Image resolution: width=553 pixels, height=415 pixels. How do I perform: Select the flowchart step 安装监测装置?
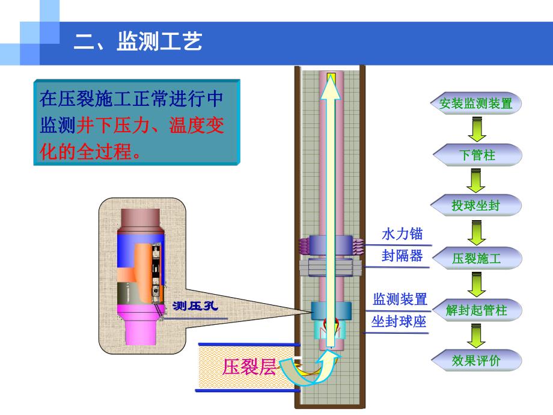(x=476, y=103)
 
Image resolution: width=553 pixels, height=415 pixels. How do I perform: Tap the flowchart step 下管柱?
(x=477, y=155)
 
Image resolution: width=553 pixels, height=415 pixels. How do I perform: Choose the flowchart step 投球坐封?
(x=476, y=206)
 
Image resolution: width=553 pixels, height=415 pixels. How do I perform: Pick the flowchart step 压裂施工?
(x=476, y=259)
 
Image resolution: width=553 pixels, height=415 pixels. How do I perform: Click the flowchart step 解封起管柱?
(x=477, y=310)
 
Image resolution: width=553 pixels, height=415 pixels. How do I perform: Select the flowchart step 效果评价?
(x=476, y=361)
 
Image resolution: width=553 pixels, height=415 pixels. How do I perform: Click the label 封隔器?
(x=402, y=256)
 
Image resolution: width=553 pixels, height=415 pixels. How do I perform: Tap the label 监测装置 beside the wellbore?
(x=400, y=299)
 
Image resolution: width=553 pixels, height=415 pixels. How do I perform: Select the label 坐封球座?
(x=399, y=322)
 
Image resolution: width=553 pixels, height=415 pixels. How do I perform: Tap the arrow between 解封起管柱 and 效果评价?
(x=476, y=336)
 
